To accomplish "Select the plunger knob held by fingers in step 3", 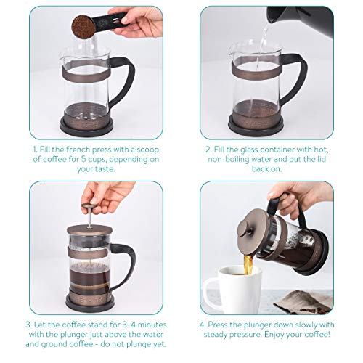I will click(90, 207).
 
